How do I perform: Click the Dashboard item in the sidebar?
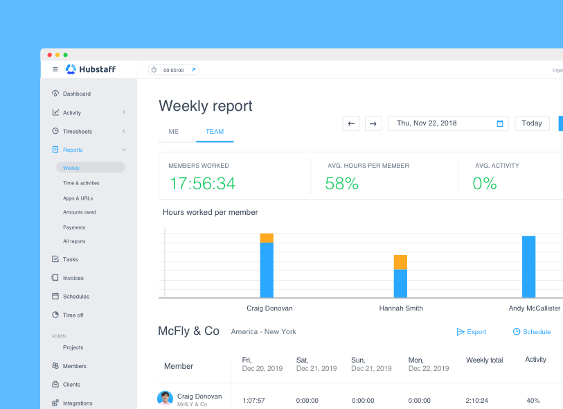pos(76,94)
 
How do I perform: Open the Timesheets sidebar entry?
pos(77,131)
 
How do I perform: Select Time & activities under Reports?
pos(81,183)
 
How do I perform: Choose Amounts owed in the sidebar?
pos(80,212)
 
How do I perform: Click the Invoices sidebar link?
pos(73,278)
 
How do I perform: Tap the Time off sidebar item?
pos(73,315)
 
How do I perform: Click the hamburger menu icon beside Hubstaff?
pos(55,69)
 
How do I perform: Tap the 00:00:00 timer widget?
pos(173,70)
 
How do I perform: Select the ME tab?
pos(174,131)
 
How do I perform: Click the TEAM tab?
pos(215,131)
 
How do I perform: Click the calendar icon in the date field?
pos(500,123)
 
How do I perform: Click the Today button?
pos(532,123)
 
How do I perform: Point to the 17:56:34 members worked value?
pos(202,184)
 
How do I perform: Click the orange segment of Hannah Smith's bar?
pos(400,262)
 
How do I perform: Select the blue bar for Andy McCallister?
pos(528,267)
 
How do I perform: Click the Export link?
pos(472,332)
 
